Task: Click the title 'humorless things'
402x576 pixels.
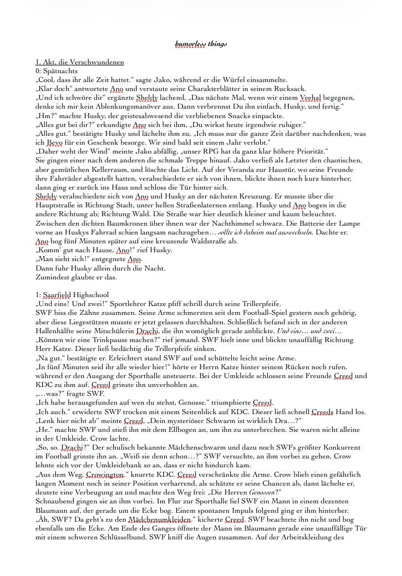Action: click(x=201, y=43)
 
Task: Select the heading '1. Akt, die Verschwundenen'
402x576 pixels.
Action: click(x=79, y=62)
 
